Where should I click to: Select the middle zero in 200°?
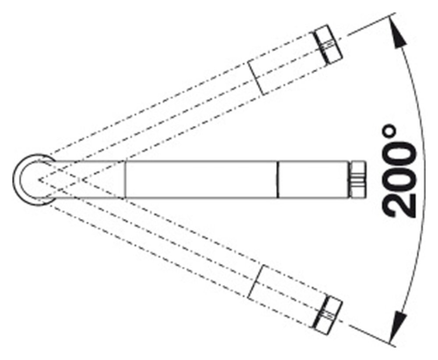click(x=399, y=177)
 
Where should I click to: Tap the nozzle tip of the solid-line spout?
click(x=357, y=179)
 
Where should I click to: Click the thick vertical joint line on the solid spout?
click(x=277, y=179)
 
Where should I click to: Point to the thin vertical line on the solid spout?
click(x=125, y=179)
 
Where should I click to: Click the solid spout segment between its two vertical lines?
click(x=201, y=179)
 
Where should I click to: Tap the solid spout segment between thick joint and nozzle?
click(x=313, y=179)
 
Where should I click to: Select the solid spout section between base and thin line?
click(x=88, y=179)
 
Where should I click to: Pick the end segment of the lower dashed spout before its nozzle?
click(x=287, y=293)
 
